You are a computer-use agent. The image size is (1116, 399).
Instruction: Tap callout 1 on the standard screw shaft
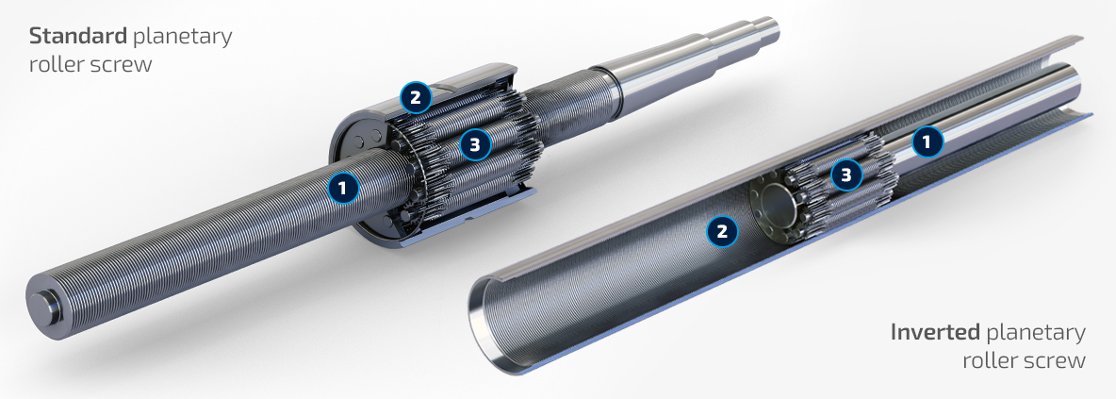(343, 188)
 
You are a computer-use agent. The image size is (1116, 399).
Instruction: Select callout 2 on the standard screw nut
(415, 97)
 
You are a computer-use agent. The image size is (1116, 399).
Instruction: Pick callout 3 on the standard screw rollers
(475, 144)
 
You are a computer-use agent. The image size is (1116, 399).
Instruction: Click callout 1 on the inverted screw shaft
(927, 141)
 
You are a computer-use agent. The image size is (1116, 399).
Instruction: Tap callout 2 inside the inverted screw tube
(722, 230)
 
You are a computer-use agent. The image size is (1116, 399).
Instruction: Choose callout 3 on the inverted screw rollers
(846, 175)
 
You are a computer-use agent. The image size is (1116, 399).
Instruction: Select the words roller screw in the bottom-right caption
(1024, 360)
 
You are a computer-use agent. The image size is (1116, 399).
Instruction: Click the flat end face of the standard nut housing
(356, 178)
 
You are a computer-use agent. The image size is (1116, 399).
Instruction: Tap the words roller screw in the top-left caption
(90, 64)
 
